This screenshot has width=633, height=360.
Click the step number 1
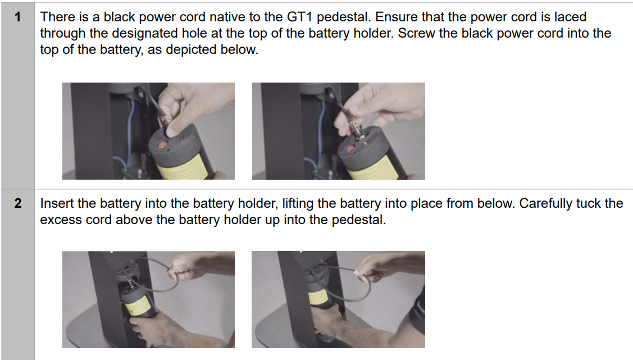[x=18, y=17]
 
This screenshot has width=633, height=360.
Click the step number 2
[x=18, y=203]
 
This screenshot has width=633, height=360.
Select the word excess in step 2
[x=58, y=220]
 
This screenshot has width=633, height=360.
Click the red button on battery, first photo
[x=163, y=145]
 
